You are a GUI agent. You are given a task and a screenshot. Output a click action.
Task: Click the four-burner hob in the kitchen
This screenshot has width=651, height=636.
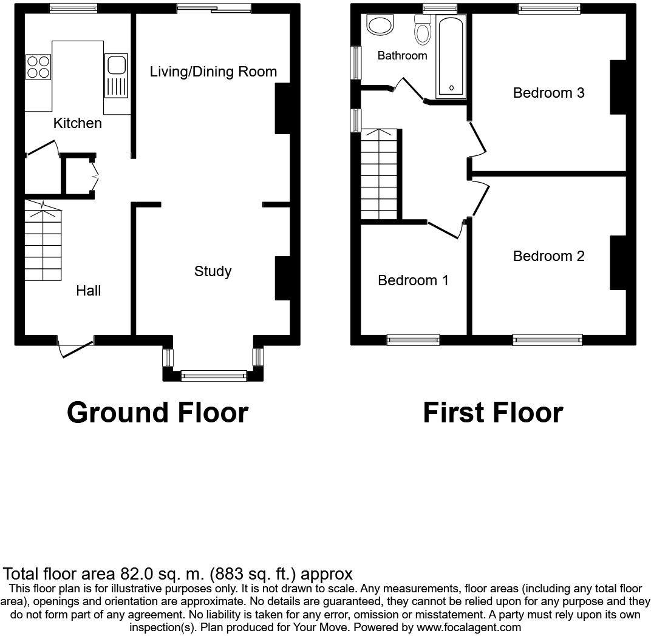coord(38,67)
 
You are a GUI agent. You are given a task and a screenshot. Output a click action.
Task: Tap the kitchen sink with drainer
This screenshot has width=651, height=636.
coord(116,75)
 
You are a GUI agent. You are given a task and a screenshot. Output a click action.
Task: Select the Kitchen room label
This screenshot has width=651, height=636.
coord(78,123)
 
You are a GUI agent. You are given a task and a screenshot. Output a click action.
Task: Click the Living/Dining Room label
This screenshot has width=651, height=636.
coord(213,72)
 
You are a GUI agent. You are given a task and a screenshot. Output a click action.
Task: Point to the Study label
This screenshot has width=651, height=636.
coord(213,271)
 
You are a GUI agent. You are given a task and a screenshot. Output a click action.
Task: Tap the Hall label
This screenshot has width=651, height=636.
coord(89,291)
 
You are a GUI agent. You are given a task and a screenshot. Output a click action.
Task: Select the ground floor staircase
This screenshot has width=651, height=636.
coord(43,241)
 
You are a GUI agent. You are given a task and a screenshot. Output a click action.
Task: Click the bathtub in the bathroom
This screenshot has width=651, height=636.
coord(451,57)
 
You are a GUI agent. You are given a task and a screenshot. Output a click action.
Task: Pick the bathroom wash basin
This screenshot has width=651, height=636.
coord(380,25)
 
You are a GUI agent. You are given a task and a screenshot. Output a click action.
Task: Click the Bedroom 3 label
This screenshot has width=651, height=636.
coord(548,93)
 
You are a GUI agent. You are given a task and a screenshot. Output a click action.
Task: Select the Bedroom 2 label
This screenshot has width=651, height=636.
coord(548,256)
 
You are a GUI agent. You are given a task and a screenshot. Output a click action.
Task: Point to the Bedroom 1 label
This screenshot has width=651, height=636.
coord(413,280)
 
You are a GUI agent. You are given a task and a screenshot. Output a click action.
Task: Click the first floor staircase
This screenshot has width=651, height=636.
coord(379,174)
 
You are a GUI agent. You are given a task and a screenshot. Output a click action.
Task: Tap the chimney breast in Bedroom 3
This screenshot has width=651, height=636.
coord(618,87)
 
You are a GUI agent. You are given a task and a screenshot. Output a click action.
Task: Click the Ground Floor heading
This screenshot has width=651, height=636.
coord(157,413)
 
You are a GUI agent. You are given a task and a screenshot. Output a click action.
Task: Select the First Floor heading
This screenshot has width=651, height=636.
coord(493,413)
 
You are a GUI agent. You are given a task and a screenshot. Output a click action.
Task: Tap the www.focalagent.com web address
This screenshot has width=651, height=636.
coord(469,628)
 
